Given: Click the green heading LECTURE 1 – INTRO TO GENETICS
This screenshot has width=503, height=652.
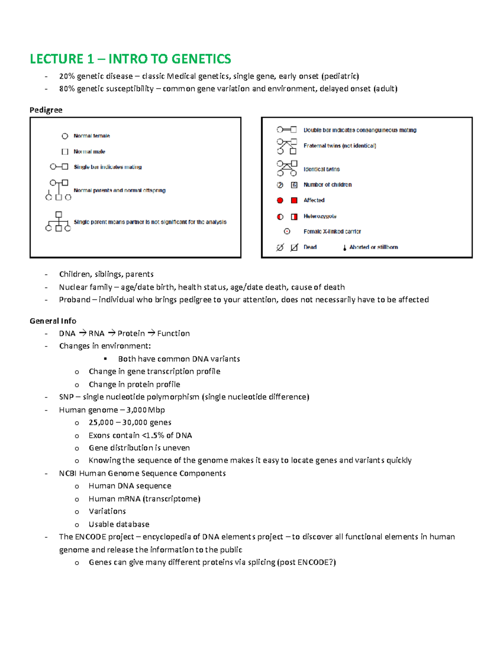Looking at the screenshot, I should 130,59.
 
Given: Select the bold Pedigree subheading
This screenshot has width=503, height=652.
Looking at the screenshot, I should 46,110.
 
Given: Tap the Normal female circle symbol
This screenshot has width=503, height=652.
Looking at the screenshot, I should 65,136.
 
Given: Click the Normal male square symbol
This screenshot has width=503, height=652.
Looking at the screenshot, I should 65,152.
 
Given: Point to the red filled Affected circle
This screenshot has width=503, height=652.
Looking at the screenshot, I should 280,201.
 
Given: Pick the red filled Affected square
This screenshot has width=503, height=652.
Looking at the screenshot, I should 294,201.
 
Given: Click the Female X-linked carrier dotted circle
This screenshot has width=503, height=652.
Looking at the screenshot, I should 287,231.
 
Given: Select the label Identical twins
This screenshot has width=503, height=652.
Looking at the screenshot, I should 322,169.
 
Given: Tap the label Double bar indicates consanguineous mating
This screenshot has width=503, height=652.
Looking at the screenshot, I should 360,130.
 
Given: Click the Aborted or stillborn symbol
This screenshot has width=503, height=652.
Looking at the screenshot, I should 345,248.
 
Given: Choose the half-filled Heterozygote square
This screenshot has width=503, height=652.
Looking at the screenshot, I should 294,217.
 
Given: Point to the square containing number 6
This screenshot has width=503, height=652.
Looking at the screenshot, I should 294,185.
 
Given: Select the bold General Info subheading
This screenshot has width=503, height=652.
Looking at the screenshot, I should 53,321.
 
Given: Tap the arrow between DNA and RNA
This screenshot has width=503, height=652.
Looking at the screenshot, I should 82,333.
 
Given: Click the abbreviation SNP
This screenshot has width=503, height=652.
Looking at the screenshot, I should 66,397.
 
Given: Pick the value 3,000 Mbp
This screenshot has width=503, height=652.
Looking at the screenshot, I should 145,410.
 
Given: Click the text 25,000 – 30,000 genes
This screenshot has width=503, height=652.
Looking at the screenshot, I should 130,422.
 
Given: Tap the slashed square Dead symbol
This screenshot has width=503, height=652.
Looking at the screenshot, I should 294,247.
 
